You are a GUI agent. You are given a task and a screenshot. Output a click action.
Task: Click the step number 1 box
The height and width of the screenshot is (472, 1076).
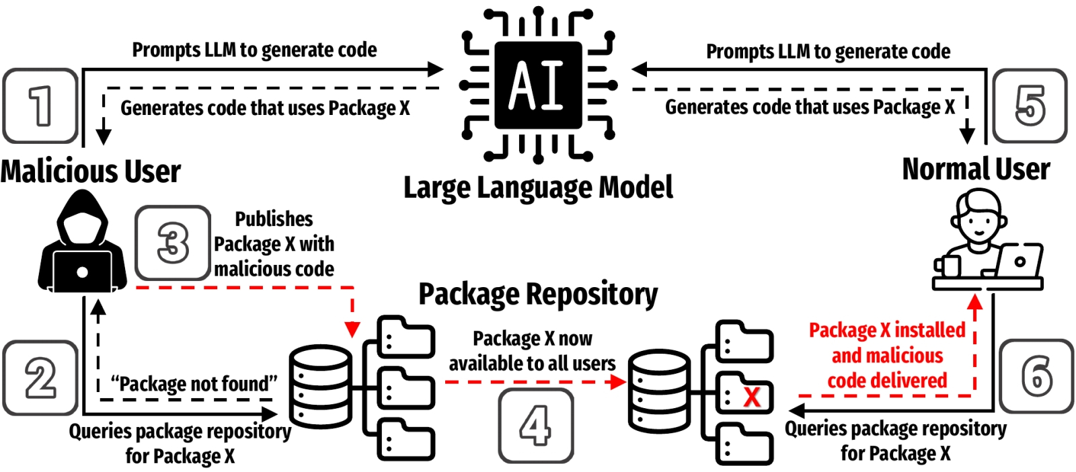[x=40, y=106]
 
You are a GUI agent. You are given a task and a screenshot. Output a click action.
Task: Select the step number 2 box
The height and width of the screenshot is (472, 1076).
[x=40, y=378]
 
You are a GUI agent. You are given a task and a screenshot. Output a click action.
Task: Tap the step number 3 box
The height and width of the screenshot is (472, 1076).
[x=173, y=243]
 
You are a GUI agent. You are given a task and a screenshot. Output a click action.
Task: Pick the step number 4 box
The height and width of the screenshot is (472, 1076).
[x=536, y=426]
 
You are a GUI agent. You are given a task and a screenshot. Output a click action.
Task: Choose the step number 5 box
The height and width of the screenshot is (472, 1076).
[x=1030, y=106]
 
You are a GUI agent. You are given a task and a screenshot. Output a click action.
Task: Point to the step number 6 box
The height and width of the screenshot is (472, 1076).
[x=1036, y=377]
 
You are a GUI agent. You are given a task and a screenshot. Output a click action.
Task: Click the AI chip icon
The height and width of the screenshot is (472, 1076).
[x=538, y=85]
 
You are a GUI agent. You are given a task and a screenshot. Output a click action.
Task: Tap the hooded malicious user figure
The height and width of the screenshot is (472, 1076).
[x=83, y=241]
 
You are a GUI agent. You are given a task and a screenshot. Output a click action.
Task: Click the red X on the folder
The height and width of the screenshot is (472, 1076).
[x=752, y=397]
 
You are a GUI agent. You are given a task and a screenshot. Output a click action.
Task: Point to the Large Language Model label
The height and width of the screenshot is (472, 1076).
[x=538, y=188]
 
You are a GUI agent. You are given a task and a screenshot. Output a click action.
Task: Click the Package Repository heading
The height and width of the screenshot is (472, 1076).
[x=538, y=294]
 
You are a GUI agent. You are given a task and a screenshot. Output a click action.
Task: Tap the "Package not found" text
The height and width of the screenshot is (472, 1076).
[x=194, y=384]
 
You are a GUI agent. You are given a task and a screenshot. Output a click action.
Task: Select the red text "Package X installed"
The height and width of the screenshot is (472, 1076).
[x=887, y=330]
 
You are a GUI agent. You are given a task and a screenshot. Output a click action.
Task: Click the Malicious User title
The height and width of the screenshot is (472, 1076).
[x=90, y=171]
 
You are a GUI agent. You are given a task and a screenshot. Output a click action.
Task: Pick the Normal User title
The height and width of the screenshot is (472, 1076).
[x=976, y=169]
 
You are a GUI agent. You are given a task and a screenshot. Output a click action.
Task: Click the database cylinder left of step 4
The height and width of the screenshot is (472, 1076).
[x=320, y=387]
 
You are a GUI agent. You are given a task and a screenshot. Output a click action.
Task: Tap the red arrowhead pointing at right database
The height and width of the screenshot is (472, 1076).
[x=618, y=382]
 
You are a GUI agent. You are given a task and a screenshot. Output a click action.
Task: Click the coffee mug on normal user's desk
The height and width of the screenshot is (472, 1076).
[x=946, y=266]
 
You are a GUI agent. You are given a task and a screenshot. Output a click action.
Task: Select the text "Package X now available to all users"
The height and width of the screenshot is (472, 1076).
[x=532, y=351]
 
